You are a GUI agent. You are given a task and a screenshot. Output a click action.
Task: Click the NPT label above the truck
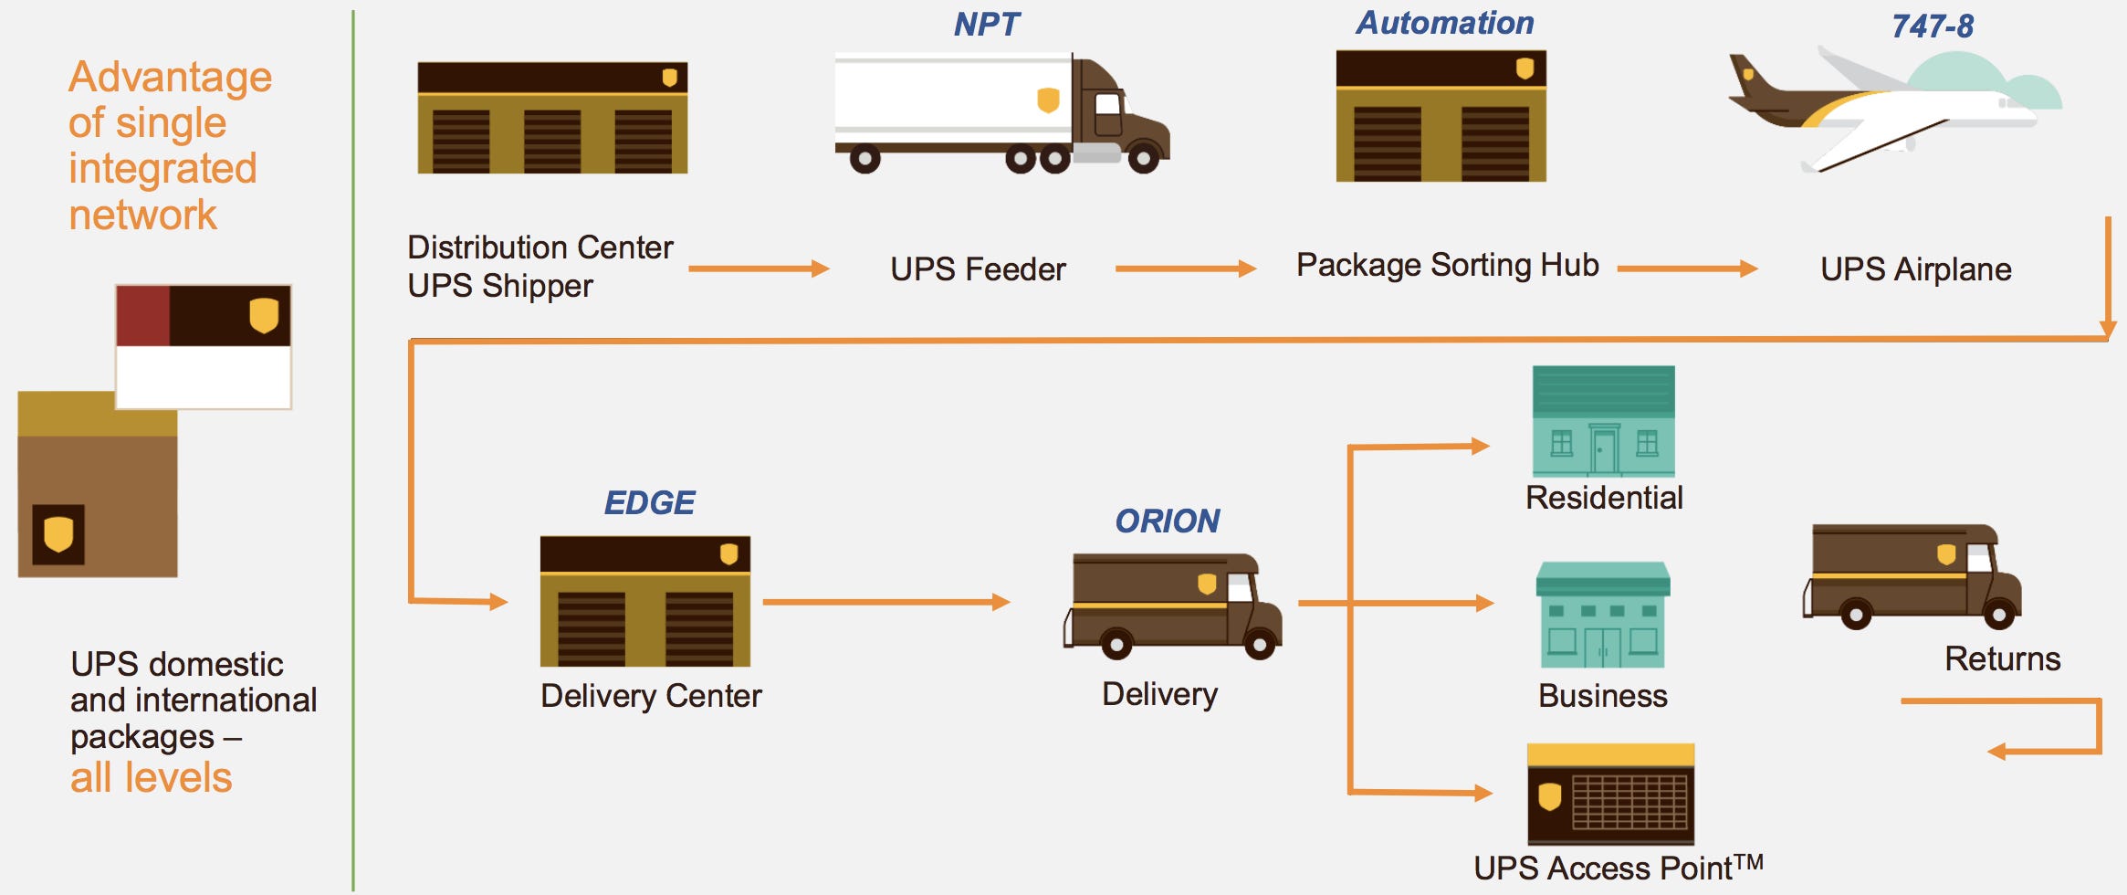986,24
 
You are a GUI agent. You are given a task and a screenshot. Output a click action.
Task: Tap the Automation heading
1444,23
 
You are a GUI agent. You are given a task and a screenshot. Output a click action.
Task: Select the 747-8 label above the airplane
1933,26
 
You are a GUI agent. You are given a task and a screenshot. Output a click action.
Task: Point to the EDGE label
649,502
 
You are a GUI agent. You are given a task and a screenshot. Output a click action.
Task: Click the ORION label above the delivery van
1167,521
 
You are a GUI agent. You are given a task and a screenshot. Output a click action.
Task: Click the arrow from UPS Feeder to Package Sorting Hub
1186,268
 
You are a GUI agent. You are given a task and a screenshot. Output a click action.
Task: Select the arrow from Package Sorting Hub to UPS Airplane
1687,268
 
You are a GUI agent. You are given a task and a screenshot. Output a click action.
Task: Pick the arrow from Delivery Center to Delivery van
886,602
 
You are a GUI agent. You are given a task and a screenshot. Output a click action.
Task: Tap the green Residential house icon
1603,421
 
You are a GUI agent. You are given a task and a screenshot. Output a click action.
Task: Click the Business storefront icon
1603,615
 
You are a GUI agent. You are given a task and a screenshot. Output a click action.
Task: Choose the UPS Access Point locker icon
1610,794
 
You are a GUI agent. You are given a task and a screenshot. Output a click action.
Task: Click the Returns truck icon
1912,576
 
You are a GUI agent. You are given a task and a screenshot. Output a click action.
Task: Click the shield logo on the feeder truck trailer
1048,100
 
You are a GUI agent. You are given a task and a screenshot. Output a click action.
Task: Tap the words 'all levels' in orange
152,777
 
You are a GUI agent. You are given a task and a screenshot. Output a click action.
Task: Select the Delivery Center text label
651,696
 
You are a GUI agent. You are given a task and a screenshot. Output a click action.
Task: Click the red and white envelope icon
204,346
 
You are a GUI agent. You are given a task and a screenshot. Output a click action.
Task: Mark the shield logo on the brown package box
58,534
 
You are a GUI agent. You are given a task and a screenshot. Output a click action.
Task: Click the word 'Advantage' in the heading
170,78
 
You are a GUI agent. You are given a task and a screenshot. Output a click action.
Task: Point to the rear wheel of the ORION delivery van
1116,644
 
